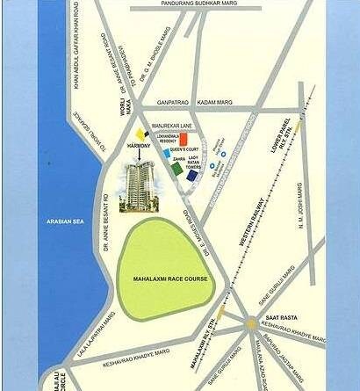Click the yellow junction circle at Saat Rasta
coord(252,322)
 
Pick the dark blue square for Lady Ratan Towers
coord(191,176)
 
